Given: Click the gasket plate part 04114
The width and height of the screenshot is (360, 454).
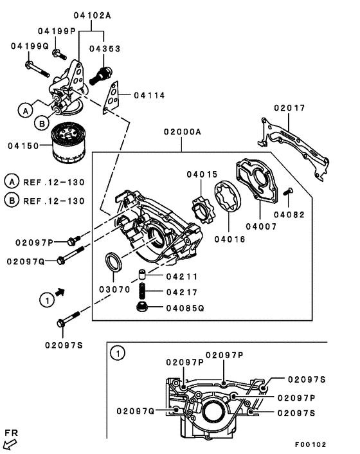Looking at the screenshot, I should (114, 95).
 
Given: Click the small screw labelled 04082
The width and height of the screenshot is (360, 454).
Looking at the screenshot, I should (288, 191).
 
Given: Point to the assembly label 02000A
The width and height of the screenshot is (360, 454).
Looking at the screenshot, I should (182, 132).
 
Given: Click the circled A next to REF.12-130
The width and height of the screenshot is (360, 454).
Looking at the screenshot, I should (12, 182).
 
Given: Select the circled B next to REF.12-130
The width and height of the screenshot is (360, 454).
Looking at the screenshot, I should (12, 201).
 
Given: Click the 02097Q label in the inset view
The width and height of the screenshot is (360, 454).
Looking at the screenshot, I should (134, 410).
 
